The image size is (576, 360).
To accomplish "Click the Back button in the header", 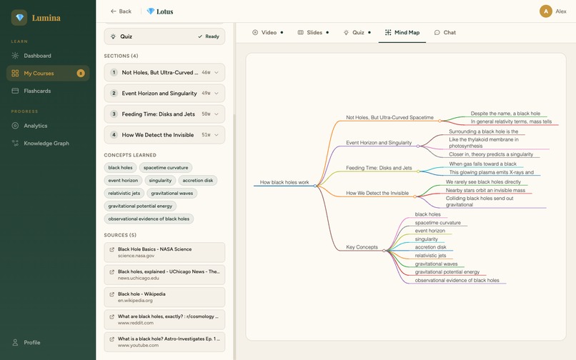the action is click(x=121, y=11).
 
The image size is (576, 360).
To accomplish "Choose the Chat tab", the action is click(x=445, y=33).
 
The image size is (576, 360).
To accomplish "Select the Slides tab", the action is click(x=313, y=33).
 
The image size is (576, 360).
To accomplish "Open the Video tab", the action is click(x=267, y=33).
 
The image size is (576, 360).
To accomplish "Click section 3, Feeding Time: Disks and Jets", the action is click(x=164, y=114).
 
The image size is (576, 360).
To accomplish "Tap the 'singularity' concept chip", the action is click(x=160, y=181).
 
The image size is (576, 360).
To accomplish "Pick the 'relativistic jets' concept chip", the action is click(x=124, y=194).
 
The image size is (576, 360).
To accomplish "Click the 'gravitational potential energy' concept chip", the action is click(x=140, y=206).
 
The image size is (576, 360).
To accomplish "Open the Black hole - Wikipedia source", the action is click(x=164, y=297).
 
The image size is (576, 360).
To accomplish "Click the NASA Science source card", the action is click(x=164, y=252).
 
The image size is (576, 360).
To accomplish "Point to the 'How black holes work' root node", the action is click(x=284, y=182).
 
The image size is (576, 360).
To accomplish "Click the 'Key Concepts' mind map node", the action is click(x=362, y=247).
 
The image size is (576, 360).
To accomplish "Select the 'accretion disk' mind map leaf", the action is click(x=430, y=247).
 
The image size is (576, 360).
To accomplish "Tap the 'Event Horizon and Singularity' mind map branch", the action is click(x=379, y=143).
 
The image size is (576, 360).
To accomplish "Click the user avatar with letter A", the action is click(x=546, y=11).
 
